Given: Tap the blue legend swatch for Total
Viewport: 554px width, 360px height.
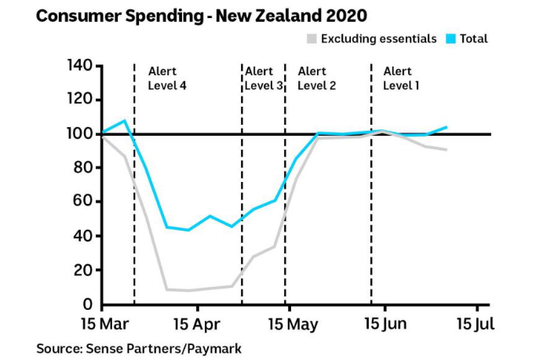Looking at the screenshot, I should [x=450, y=38].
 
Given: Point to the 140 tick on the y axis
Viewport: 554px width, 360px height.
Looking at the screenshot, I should [x=78, y=65].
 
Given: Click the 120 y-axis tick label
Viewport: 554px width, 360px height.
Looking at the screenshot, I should [x=78, y=100].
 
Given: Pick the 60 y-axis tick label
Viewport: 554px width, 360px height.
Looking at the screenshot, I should [x=82, y=202].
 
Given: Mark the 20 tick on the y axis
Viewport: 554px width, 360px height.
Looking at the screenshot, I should [x=82, y=271].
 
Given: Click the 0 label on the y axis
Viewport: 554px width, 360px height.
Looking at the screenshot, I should [x=87, y=304].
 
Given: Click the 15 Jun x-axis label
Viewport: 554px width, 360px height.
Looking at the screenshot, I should [x=385, y=323].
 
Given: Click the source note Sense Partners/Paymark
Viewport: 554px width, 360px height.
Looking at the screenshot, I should [x=139, y=347].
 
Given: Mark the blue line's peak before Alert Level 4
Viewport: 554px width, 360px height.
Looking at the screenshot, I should [x=125, y=121].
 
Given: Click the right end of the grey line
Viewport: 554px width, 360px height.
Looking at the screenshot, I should [x=446, y=150].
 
